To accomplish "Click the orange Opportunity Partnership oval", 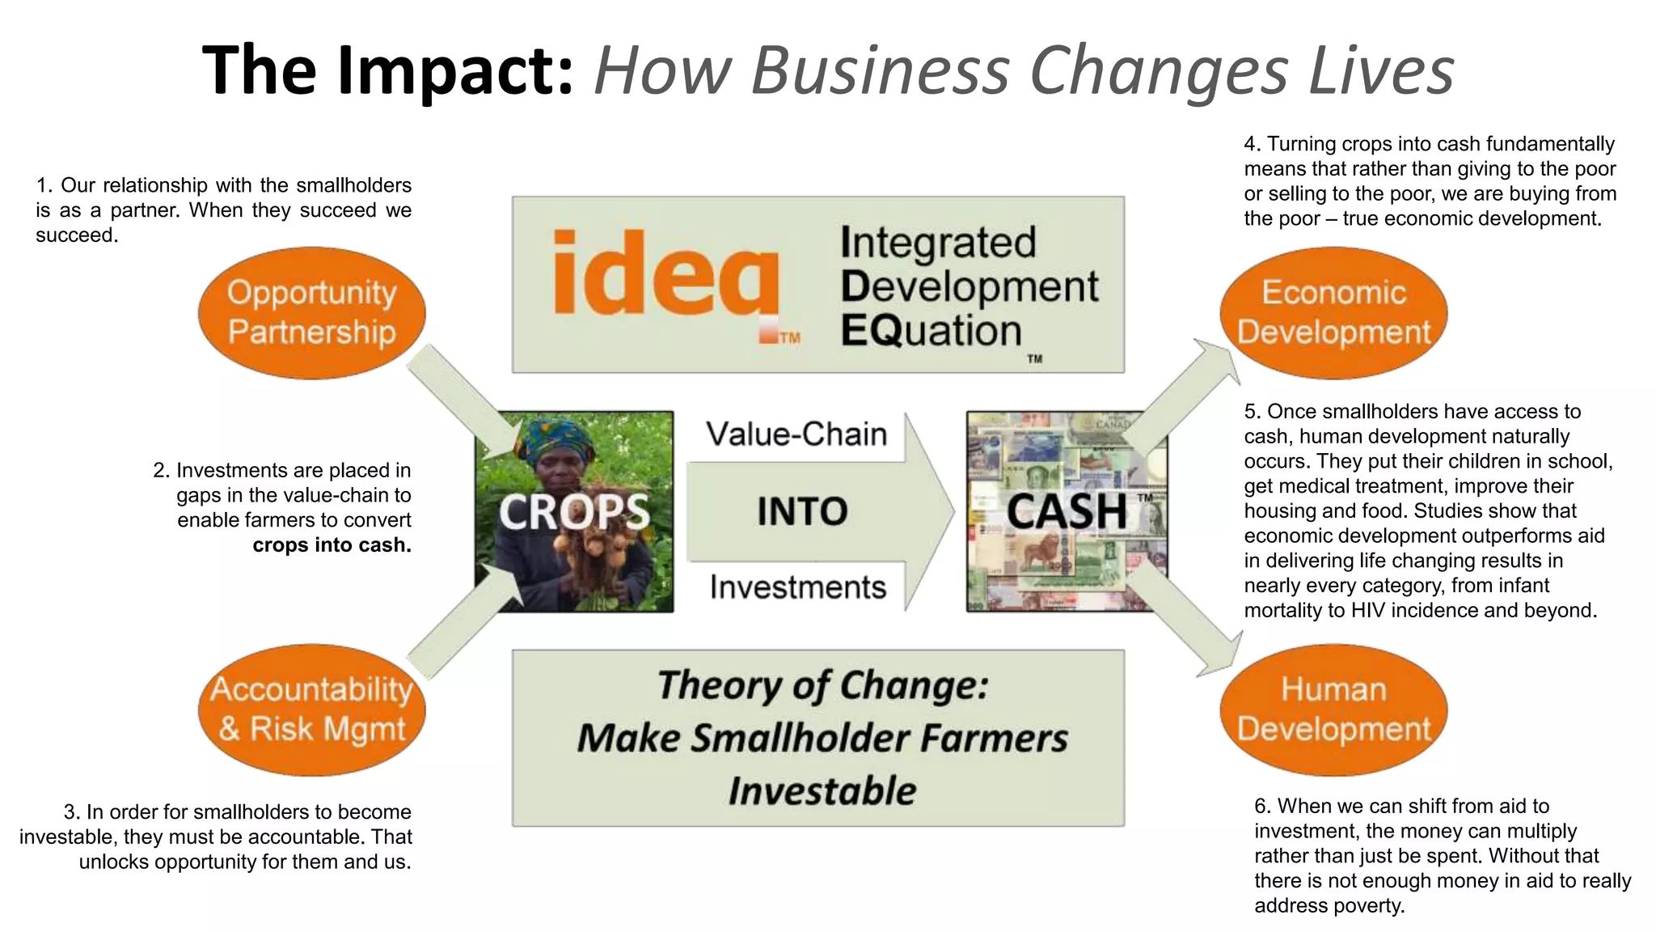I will (311, 313).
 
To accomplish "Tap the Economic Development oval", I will (1333, 313).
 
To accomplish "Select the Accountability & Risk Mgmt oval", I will (311, 710).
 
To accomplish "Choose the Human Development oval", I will (1333, 710).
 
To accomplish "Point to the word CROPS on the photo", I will (574, 512).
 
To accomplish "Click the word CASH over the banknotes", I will (1067, 512).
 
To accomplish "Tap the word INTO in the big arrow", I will (802, 512).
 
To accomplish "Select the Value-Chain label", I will (796, 434).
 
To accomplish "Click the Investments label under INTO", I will (798, 587).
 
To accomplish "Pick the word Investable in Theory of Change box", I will (822, 790).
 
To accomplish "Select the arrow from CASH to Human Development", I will (1185, 619).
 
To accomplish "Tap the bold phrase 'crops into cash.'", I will (332, 545).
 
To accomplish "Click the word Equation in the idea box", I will (931, 331).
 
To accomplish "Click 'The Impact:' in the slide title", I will (388, 70).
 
